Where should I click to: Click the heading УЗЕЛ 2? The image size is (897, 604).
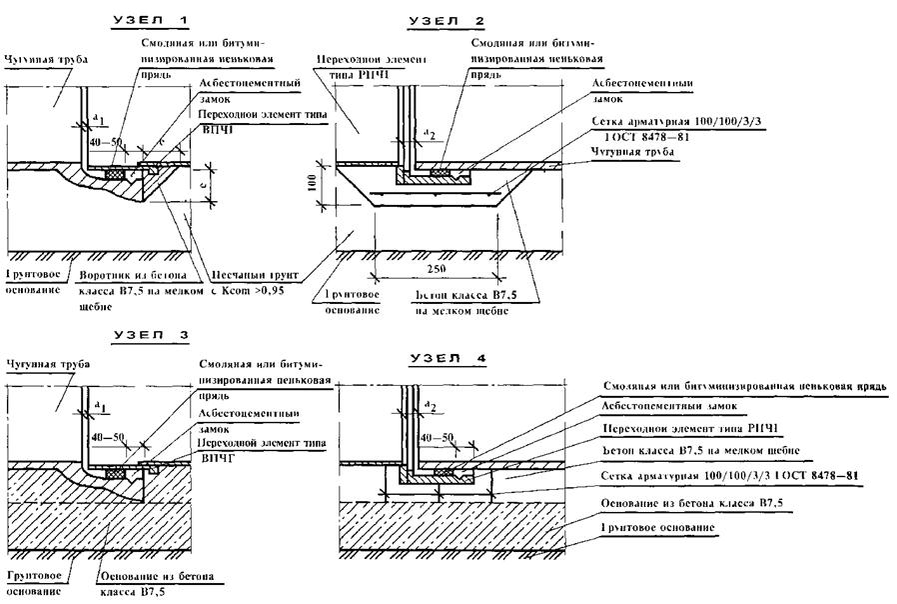448,21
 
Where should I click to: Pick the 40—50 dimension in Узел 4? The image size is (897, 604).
435,438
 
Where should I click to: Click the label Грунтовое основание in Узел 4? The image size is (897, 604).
659,526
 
